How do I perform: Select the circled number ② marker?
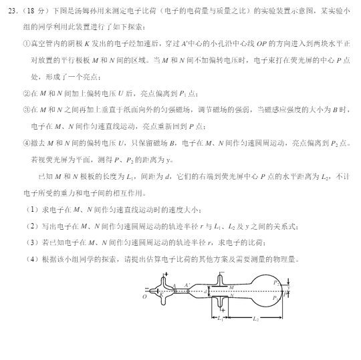(27, 94)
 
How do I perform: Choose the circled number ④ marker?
(27, 143)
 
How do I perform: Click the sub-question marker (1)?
(28, 209)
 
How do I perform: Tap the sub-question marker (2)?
(28, 226)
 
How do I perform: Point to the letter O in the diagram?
(144, 297)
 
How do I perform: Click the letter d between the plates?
(205, 291)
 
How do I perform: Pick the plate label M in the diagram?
(231, 287)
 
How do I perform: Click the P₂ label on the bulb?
(276, 283)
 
